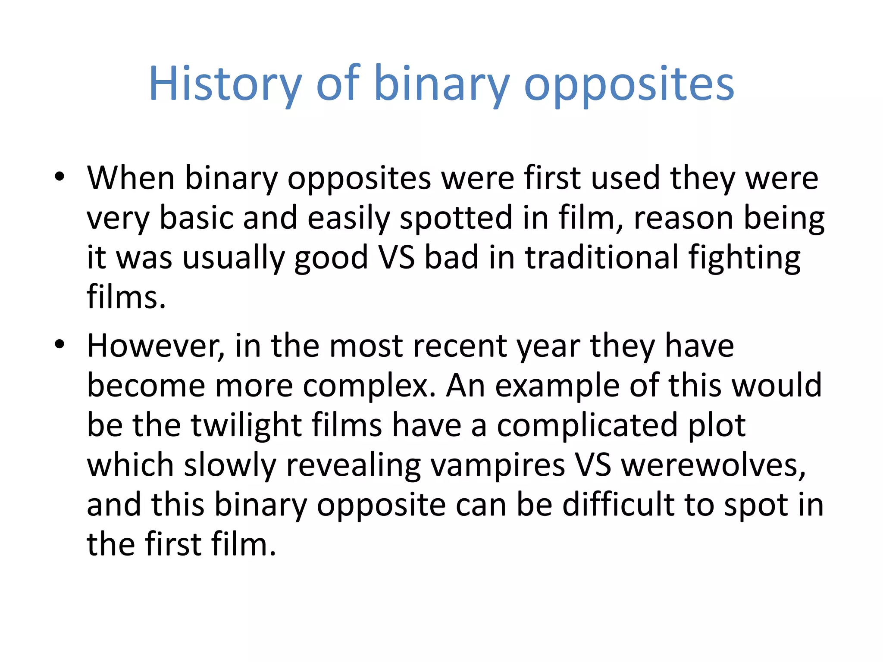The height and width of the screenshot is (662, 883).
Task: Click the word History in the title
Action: (x=225, y=84)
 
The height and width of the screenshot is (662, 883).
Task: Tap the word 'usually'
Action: (x=233, y=258)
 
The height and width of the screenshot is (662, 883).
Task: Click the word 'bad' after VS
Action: (x=451, y=257)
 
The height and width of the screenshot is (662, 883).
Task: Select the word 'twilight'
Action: (x=246, y=426)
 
